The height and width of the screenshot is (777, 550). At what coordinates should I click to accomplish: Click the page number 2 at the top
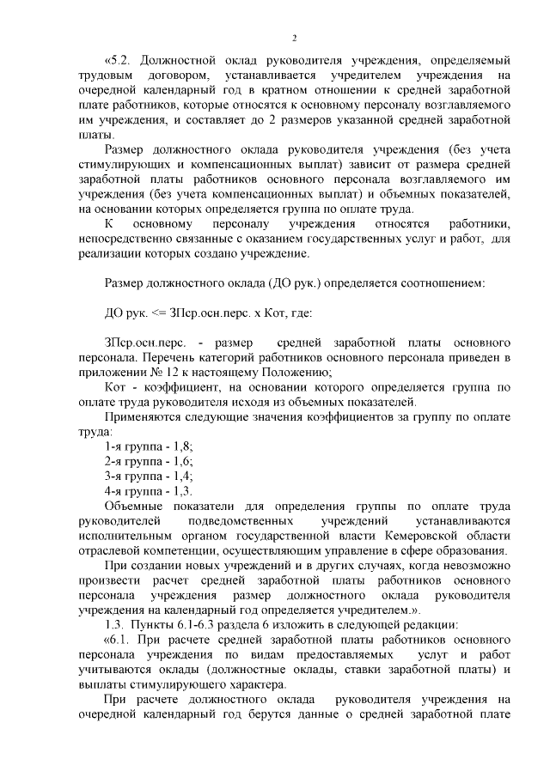(294, 39)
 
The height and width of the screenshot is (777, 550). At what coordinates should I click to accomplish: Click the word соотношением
(439, 283)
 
